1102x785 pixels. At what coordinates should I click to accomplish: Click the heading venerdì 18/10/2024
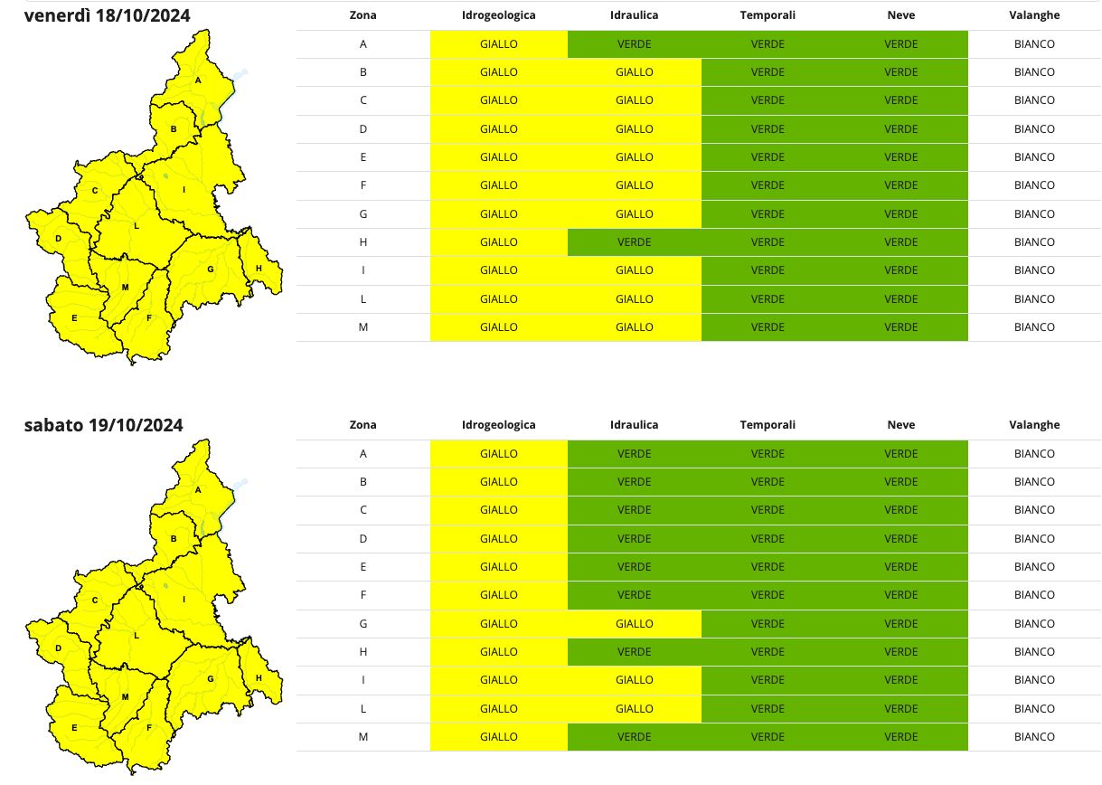(x=107, y=15)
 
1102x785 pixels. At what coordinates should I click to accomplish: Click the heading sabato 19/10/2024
(x=103, y=425)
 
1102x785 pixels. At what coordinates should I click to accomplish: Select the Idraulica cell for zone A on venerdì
(x=634, y=43)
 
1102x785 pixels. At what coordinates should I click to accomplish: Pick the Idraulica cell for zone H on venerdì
(x=634, y=242)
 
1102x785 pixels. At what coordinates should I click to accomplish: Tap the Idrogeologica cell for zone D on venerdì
(x=498, y=128)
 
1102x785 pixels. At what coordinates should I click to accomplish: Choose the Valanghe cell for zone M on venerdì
(x=1034, y=327)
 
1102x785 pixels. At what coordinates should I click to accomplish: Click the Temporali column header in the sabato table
(x=768, y=425)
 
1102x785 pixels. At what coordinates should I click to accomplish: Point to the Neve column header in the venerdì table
(x=900, y=15)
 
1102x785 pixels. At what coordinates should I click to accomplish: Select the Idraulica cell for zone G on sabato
(x=634, y=623)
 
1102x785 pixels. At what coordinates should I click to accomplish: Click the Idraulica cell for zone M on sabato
(x=634, y=737)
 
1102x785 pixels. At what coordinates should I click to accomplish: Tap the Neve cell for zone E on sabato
(x=900, y=567)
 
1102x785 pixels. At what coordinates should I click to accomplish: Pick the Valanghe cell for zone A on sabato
(x=1034, y=453)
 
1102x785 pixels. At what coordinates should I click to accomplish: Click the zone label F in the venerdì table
(x=363, y=185)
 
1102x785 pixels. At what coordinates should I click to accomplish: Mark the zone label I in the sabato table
(x=363, y=680)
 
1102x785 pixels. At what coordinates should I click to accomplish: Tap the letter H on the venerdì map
(x=259, y=268)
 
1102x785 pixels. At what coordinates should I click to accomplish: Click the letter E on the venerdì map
(x=74, y=317)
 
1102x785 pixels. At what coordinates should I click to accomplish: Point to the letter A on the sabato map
(x=198, y=489)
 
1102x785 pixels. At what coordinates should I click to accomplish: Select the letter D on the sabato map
(x=58, y=648)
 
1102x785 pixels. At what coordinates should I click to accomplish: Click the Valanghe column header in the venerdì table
(x=1034, y=15)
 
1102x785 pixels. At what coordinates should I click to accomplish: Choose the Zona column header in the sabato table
(x=363, y=425)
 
